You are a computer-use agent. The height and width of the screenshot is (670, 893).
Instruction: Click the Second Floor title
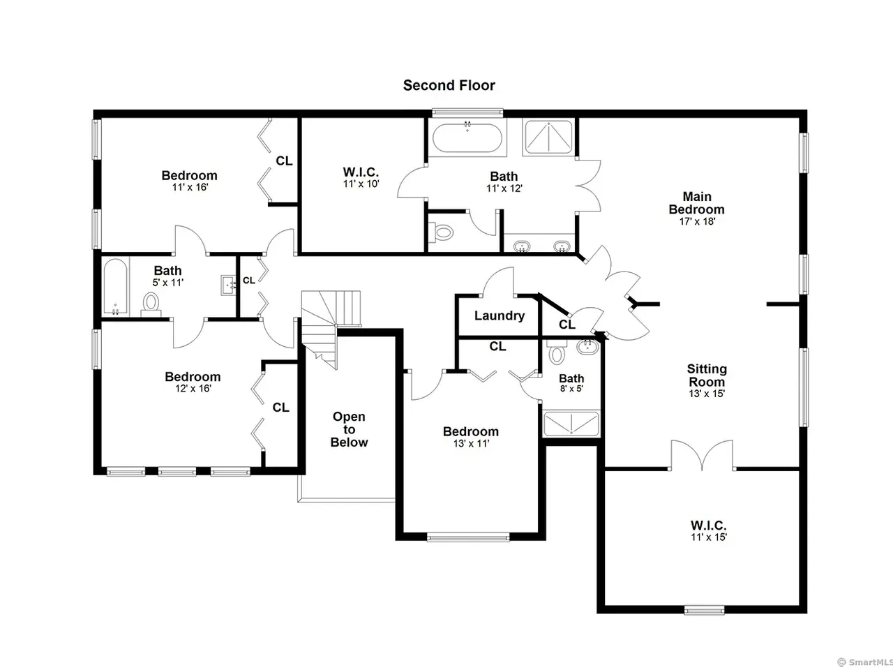point(449,85)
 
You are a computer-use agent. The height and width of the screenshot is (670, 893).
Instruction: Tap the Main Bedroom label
point(696,203)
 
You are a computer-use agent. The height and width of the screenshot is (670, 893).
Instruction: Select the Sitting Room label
point(707,375)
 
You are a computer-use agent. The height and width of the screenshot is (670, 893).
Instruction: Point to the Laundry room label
point(500,315)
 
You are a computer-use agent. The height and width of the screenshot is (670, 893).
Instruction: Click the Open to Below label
point(349,430)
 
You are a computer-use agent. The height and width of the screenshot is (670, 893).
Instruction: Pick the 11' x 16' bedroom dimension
point(190,187)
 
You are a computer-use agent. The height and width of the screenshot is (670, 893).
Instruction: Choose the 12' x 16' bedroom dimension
point(193,389)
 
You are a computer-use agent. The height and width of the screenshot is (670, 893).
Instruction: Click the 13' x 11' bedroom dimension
point(471,443)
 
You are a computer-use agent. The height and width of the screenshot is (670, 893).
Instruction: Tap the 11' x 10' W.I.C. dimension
point(361,184)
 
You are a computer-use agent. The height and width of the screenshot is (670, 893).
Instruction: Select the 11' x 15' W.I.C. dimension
point(708,537)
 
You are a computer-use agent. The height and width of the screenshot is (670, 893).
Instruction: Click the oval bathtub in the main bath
point(467,137)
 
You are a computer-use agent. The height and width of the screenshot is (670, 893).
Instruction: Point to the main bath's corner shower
point(548,137)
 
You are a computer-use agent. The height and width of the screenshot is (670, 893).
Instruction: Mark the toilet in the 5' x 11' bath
point(151,305)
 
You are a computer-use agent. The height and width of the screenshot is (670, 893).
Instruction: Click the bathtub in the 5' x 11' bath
point(116,287)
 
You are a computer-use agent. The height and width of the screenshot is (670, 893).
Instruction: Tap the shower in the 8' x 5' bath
point(571,424)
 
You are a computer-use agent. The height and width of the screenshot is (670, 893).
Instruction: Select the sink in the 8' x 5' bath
point(587,347)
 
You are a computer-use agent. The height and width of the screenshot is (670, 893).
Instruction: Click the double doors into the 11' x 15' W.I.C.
point(702,455)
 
